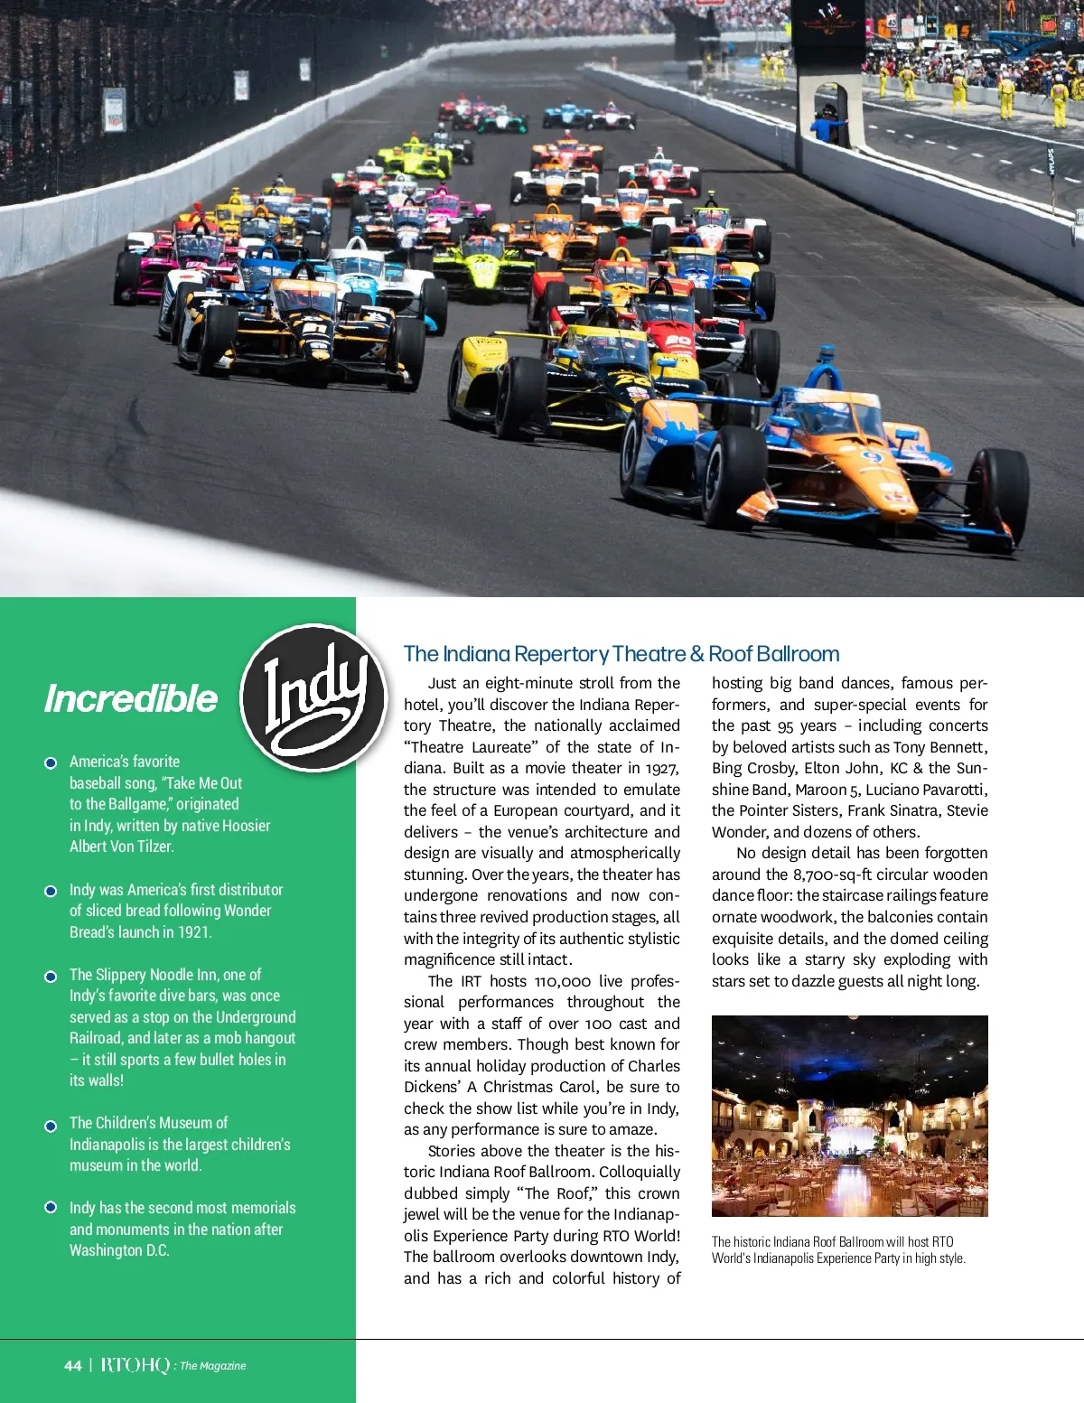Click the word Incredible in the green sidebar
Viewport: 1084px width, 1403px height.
[x=131, y=698]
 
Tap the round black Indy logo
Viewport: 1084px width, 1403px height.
[x=314, y=697]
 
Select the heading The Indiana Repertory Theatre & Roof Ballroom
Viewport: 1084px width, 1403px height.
[x=621, y=654]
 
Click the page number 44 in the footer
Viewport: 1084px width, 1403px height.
[x=73, y=1365]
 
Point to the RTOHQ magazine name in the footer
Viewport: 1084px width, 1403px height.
[x=135, y=1365]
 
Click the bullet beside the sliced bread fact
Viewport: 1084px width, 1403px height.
[x=51, y=891]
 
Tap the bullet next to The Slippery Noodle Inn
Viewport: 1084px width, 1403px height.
[x=51, y=976]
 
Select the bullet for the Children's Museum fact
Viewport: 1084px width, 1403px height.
[x=51, y=1125]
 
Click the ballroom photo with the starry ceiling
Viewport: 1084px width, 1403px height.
[x=849, y=1116]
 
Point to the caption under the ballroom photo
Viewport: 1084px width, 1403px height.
[x=838, y=1250]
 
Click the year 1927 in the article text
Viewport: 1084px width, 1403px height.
[x=662, y=768]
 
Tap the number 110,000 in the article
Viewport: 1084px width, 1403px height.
[x=562, y=981]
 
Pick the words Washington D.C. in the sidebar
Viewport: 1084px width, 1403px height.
[x=119, y=1250]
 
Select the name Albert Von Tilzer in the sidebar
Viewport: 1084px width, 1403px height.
[x=122, y=846]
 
